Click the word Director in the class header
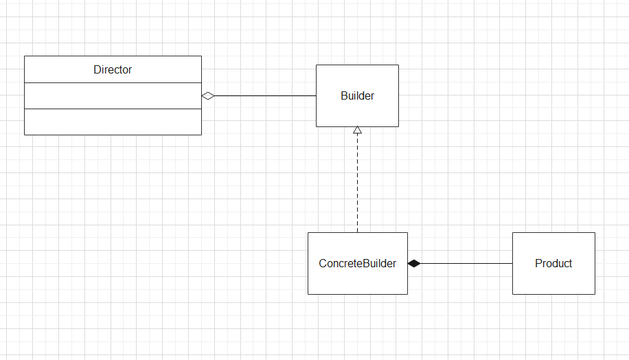[113, 69]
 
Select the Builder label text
[357, 95]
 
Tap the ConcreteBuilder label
[357, 263]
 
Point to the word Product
[553, 263]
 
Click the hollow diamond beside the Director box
[208, 96]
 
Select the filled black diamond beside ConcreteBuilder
[414, 263]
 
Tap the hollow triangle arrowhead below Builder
[357, 131]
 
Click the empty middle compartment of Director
[113, 95]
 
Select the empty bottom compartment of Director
[113, 122]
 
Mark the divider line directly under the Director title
[113, 82]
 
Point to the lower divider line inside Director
[113, 109]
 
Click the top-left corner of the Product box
[512, 233]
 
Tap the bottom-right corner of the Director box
[201, 135]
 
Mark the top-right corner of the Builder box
[398, 65]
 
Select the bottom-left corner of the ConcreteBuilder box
[308, 294]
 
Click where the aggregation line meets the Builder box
[316, 96]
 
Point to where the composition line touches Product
[512, 263]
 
